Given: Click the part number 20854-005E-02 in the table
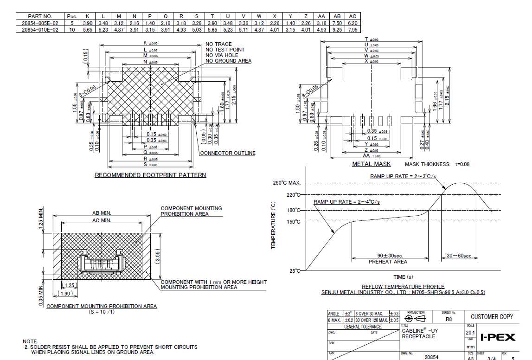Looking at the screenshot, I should (41, 23).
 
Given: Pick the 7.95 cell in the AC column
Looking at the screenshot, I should (353, 29).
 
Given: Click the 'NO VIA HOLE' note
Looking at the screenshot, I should (222, 55).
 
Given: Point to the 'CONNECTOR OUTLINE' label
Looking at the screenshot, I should (227, 153).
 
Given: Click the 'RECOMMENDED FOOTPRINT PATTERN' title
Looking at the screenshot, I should (150, 175).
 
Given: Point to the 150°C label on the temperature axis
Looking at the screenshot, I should (293, 222).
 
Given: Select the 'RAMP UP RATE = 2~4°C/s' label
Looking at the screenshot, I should (346, 202).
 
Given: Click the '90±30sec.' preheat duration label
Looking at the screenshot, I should (387, 256).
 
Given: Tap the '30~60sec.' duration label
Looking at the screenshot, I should (459, 256).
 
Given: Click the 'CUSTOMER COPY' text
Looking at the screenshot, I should (492, 316).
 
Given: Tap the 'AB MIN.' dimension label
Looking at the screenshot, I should (102, 213).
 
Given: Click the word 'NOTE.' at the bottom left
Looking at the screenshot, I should (30, 341).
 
